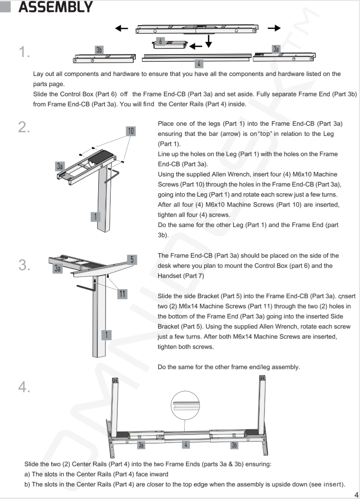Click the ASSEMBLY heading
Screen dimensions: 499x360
(x=55, y=8)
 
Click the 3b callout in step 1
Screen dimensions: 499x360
(x=99, y=49)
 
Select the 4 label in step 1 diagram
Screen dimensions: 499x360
(x=199, y=63)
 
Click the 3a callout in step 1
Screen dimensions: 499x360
(x=276, y=49)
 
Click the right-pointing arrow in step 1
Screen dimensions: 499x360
(x=274, y=28)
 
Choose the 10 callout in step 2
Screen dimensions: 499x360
(x=131, y=131)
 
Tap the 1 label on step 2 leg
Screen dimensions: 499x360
(x=95, y=217)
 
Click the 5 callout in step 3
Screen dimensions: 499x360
(x=133, y=259)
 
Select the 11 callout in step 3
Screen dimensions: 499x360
(x=123, y=294)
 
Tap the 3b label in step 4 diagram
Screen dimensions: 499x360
(x=234, y=445)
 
